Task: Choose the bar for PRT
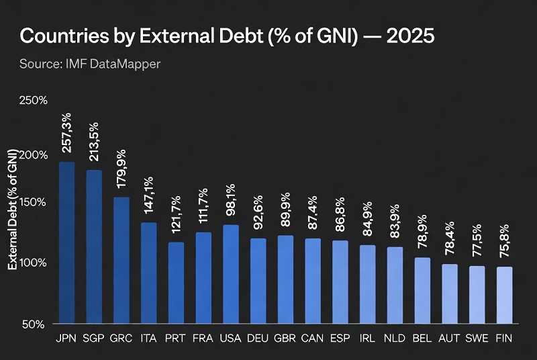tap(176, 283)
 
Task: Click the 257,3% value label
tap(67, 137)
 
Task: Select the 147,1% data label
tap(149, 196)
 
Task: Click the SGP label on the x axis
tap(94, 339)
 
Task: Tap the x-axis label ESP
tap(340, 339)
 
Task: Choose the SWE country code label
tap(477, 339)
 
